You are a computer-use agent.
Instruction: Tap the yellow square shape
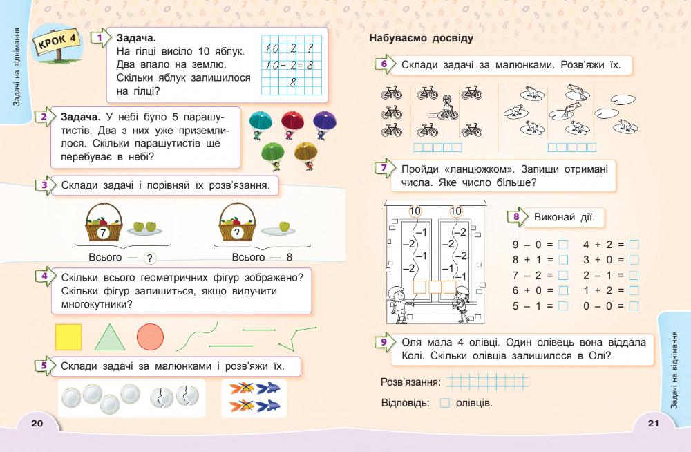68,337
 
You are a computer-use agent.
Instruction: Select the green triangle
108,337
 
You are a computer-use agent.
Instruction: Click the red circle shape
150,337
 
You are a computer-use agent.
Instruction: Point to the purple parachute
325,124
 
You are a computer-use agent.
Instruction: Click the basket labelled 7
103,225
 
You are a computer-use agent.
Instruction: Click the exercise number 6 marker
384,65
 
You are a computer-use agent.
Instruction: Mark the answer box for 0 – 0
634,305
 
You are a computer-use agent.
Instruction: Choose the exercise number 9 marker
384,343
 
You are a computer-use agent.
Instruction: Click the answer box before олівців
445,403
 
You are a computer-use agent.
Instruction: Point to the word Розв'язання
410,382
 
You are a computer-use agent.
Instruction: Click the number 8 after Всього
290,257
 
